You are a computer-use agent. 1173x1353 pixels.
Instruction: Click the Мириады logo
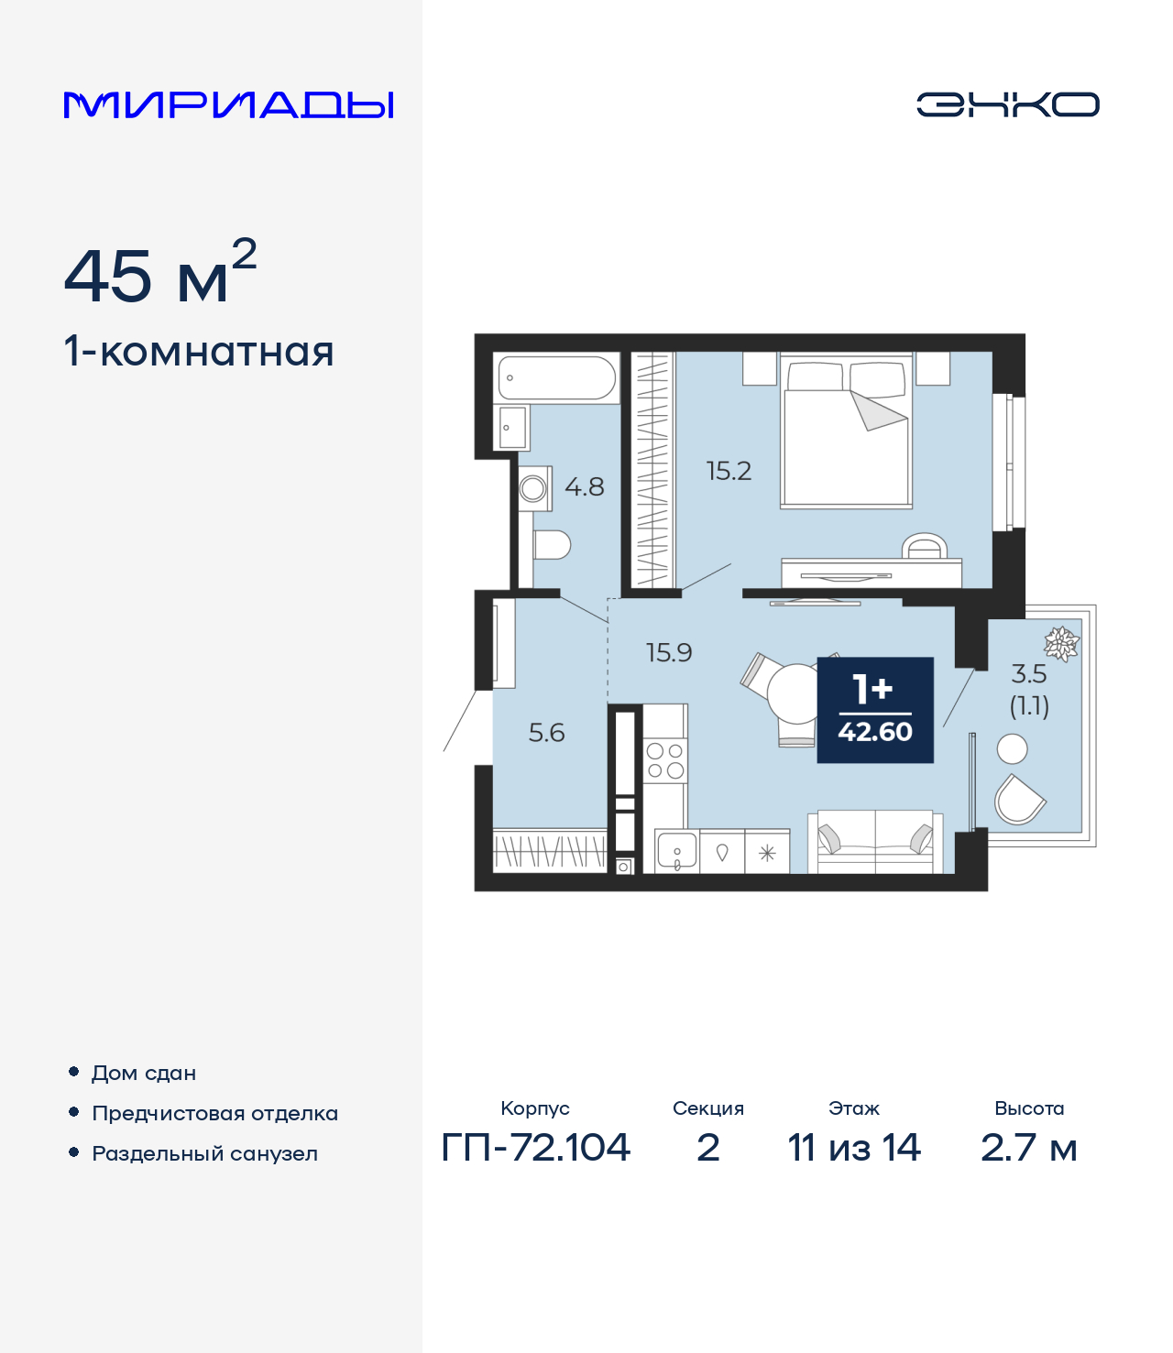(228, 104)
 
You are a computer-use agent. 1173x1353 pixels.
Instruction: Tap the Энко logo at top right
(1007, 104)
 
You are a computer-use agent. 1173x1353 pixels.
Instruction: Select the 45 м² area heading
(159, 276)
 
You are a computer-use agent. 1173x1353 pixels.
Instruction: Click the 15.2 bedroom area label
(729, 471)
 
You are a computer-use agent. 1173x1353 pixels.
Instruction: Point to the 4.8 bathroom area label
(584, 486)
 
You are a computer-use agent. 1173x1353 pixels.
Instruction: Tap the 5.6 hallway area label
(546, 733)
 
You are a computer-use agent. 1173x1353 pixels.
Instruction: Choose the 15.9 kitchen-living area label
(669, 653)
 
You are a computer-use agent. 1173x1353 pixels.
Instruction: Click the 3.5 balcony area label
(1028, 674)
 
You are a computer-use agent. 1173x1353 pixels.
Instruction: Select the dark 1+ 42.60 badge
(875, 710)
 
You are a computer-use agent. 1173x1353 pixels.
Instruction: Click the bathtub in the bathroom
(556, 377)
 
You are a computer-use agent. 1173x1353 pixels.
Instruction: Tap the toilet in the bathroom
(552, 545)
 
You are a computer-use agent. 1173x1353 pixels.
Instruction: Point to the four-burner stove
(665, 760)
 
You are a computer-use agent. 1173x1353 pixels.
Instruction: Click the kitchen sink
(676, 853)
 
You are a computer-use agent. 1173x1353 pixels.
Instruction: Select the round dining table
(793, 693)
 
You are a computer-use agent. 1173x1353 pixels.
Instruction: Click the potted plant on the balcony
(1061, 643)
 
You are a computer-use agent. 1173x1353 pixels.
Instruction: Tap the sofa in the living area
(875, 841)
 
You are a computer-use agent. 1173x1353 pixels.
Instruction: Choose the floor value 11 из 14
(853, 1147)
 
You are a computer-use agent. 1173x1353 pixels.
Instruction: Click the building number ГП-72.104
(535, 1147)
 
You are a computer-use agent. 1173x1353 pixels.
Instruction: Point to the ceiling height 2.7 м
(1028, 1147)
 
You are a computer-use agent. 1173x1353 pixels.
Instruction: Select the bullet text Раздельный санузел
(204, 1153)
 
